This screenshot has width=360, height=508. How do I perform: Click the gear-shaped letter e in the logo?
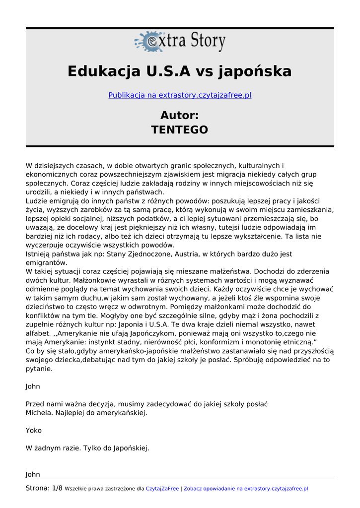click(147, 42)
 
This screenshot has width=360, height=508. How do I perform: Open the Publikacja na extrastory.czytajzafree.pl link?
click(180, 95)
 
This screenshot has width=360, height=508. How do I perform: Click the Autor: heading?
click(180, 116)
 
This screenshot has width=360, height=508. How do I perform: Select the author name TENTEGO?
click(180, 130)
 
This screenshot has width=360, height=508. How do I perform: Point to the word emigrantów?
click(46, 263)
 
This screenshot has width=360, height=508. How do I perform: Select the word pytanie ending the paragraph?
click(39, 369)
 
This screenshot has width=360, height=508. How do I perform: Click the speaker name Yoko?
click(34, 431)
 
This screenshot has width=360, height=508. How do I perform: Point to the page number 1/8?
click(57, 488)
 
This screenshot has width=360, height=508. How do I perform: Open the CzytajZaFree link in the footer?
click(162, 489)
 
